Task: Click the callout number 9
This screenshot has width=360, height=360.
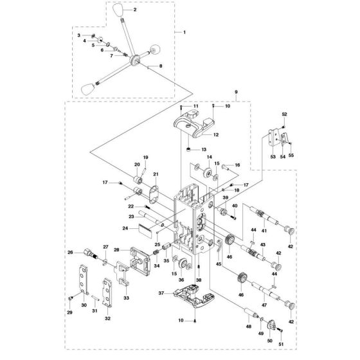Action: (x=237, y=93)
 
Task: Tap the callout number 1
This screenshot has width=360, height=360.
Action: (x=184, y=32)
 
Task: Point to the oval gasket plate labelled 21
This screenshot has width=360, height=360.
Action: (x=153, y=194)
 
